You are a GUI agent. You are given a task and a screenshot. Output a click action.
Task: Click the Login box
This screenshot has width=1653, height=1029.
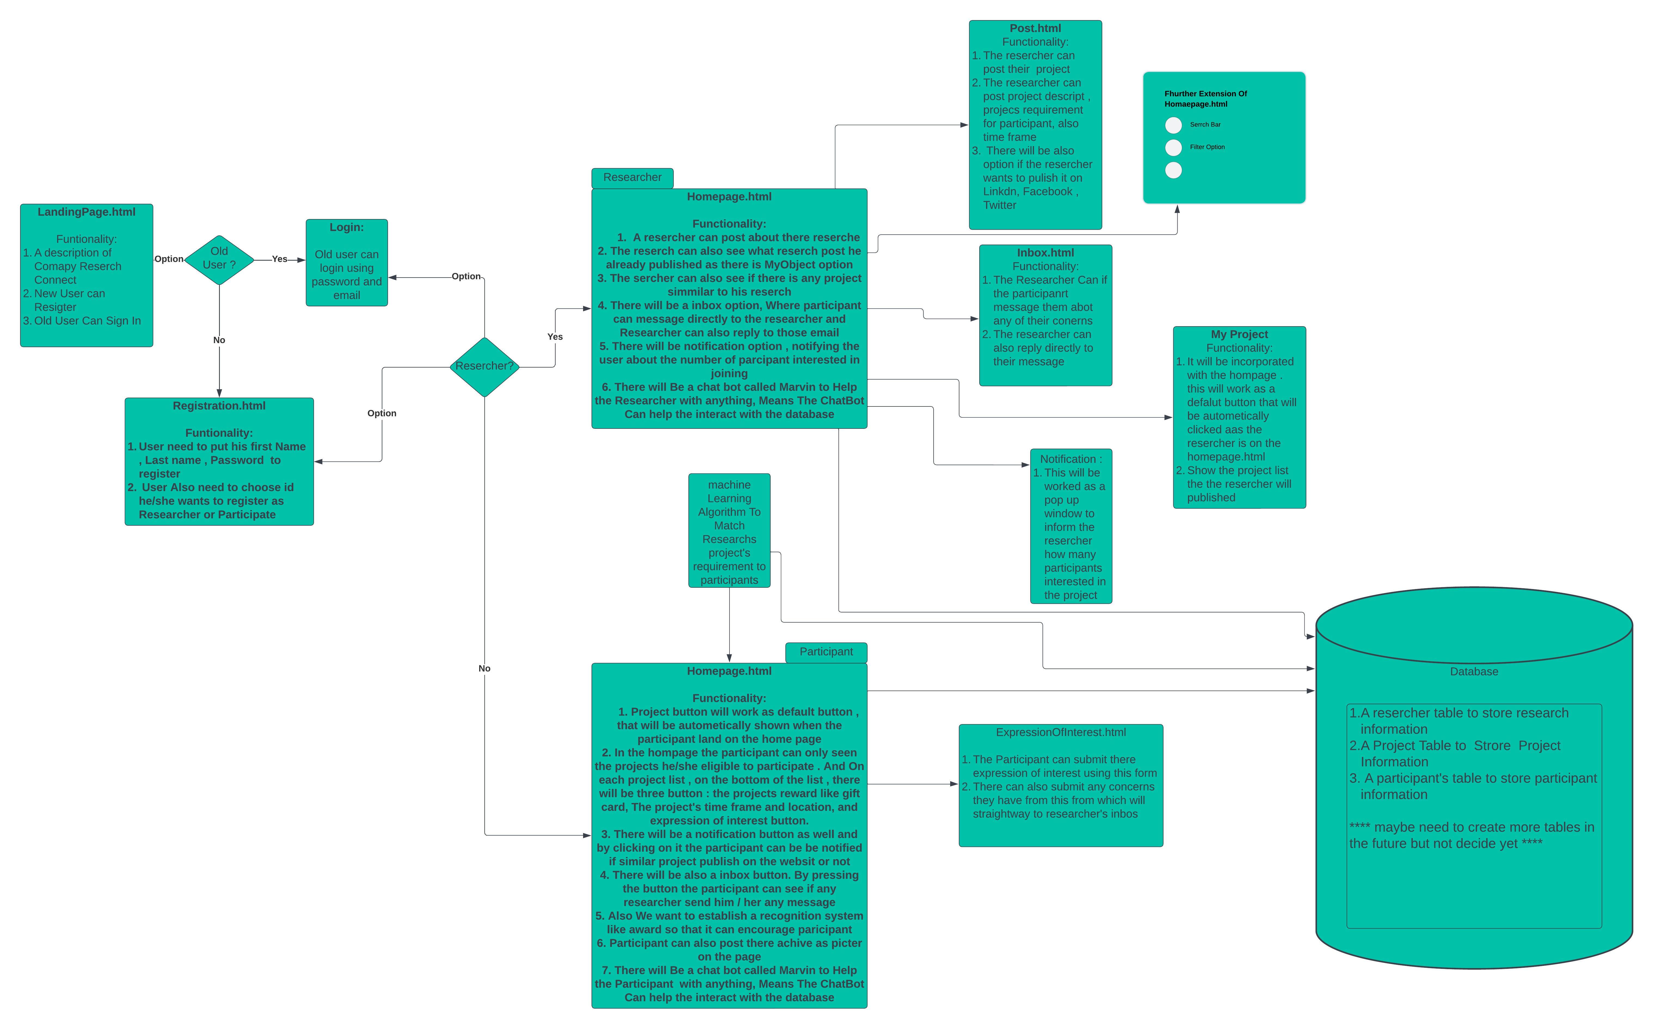pos(346,263)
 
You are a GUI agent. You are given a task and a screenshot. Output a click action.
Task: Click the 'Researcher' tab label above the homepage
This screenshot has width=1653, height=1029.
pos(632,178)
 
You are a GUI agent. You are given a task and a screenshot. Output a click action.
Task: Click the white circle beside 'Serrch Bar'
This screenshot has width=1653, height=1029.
pos(1173,125)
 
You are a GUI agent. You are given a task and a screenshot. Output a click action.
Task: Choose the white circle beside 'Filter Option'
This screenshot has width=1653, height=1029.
pos(1173,148)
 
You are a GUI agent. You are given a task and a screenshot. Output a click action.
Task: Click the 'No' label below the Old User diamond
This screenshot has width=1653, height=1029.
pos(219,340)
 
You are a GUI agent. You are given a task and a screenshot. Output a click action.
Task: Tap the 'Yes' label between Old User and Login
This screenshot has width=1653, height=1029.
pos(279,259)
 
